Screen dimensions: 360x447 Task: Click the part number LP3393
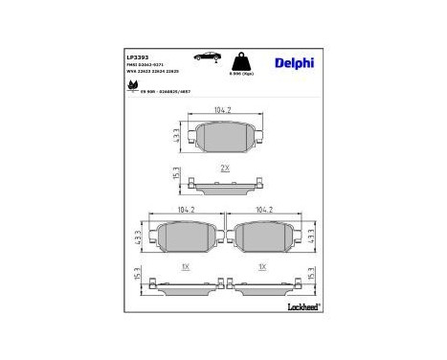(x=137, y=56)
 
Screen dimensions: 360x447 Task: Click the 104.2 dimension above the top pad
(x=225, y=112)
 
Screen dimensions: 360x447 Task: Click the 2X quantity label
(x=225, y=168)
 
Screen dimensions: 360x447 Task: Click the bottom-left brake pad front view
(x=186, y=234)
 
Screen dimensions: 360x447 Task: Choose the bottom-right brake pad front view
(x=265, y=234)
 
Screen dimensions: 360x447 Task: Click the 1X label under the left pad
(x=186, y=265)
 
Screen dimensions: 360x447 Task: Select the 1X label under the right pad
(x=262, y=265)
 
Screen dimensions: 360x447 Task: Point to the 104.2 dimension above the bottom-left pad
(x=186, y=208)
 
